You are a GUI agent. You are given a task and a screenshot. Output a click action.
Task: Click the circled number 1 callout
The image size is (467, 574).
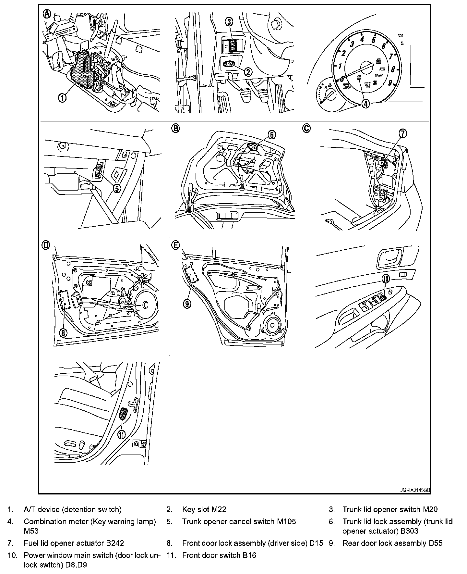pos(62,97)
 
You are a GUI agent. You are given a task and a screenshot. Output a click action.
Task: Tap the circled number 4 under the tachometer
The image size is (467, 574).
pos(365,104)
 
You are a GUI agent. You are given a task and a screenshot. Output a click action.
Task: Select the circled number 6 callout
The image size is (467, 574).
pos(271,134)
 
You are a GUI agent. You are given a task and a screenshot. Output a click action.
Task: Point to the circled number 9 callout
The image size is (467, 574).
pos(187,304)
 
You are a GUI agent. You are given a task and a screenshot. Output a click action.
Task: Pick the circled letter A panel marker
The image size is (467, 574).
pos(47,14)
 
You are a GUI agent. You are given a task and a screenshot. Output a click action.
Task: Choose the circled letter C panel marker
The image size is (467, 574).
pos(306,129)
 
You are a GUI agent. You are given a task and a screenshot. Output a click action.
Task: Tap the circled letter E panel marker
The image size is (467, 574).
pos(175,245)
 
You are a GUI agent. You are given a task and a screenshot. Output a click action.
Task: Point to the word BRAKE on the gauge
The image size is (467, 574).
pos(378,76)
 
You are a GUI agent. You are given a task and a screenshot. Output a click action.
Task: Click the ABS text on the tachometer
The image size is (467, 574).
pos(383,69)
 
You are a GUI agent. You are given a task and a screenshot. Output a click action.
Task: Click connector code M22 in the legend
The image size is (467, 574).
pos(219,509)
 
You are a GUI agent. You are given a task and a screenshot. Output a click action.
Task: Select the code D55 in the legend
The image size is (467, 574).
pos(435,543)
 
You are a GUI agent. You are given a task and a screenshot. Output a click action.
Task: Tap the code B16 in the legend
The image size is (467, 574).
pos(249,555)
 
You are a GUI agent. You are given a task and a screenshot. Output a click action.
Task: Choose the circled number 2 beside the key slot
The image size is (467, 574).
pos(248,72)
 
